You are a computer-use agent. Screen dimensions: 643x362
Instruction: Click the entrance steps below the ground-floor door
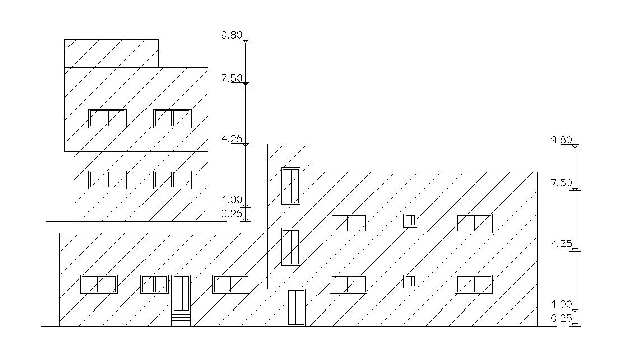(181, 319)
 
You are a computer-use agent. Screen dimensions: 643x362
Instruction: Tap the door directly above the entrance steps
(181, 293)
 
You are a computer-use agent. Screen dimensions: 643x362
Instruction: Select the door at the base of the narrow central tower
(296, 307)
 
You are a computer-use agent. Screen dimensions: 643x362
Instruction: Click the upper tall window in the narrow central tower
(291, 186)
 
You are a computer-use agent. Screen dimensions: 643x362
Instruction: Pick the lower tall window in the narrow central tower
(291, 246)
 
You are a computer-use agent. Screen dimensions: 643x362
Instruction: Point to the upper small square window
(411, 220)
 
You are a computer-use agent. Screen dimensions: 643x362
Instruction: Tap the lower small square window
(411, 281)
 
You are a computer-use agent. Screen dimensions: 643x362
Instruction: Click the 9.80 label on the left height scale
(231, 35)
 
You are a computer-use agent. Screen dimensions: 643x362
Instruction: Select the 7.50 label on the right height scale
(561, 183)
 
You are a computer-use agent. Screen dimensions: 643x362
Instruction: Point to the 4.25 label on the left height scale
(231, 139)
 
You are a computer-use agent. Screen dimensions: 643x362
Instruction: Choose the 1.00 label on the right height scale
(561, 304)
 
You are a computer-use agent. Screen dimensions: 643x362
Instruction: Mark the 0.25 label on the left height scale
(231, 213)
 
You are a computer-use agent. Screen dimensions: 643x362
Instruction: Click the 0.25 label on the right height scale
(561, 318)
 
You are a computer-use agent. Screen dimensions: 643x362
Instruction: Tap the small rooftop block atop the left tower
(111, 53)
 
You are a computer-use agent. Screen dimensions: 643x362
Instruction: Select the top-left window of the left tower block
(107, 119)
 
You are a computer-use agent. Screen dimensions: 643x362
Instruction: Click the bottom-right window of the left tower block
(173, 180)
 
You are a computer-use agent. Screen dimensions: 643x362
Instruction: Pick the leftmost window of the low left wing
(99, 284)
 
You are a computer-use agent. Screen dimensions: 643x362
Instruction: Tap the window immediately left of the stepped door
(154, 284)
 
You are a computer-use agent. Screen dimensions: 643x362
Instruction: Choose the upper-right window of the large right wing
(474, 223)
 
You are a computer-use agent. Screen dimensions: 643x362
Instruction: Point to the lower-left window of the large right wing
(348, 284)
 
